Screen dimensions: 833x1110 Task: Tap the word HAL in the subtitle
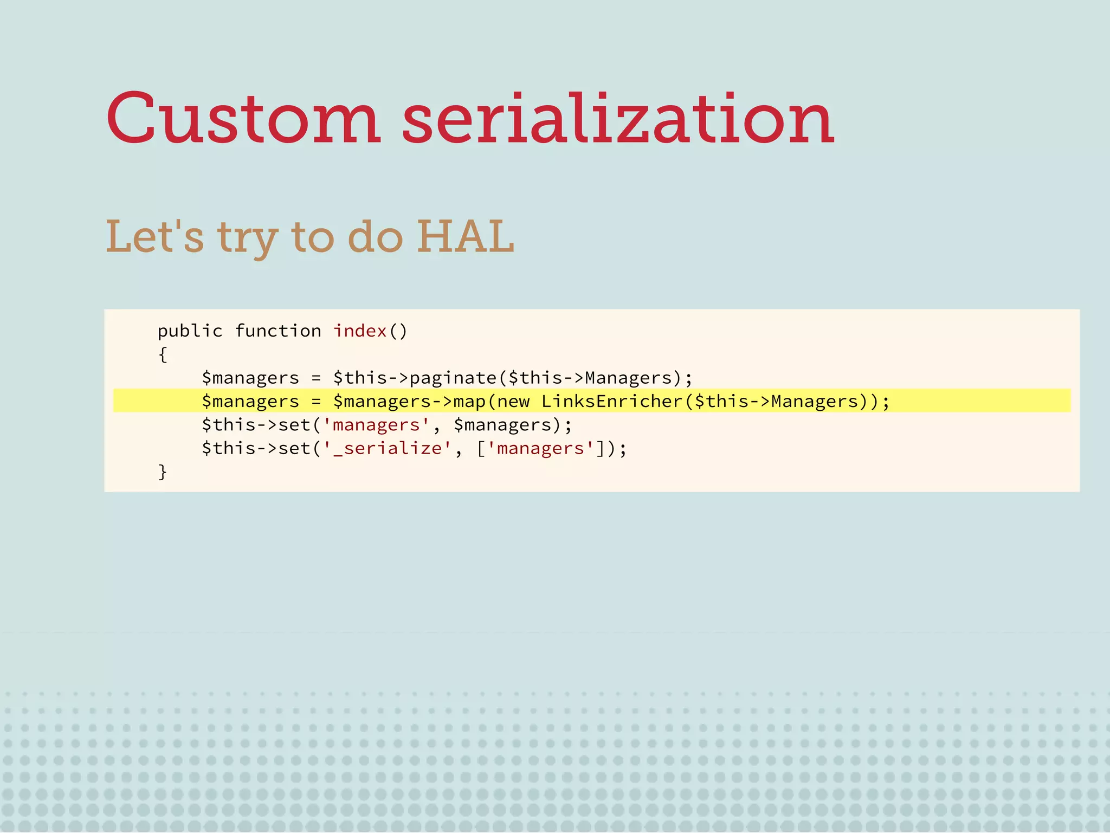pos(465,237)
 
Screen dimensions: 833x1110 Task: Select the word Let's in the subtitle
pos(155,237)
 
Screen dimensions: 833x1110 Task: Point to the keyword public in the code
pos(190,331)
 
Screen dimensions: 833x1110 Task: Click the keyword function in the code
pos(278,331)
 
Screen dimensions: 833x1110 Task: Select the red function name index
pos(359,331)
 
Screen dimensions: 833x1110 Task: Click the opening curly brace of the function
pos(163,354)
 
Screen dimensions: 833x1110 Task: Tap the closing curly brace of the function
pos(163,472)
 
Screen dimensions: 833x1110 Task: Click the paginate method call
pos(453,378)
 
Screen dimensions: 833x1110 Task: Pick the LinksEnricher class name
pos(611,401)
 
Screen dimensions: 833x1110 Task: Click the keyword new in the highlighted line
pos(513,402)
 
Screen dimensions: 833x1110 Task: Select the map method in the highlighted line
pos(469,402)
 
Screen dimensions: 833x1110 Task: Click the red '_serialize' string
pos(387,448)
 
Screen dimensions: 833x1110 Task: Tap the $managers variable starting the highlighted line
pos(250,402)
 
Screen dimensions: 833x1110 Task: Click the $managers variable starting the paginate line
pos(250,378)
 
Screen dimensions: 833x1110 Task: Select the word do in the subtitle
pos(375,237)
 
